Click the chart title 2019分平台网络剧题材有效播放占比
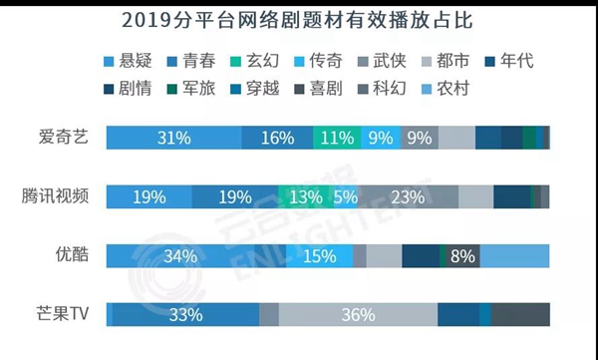coord(297,20)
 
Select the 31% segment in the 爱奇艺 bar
coord(173,138)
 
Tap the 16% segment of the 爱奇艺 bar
coord(277,138)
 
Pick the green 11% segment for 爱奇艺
coord(337,138)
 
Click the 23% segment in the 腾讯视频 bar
coord(408,197)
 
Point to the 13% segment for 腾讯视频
coord(306,197)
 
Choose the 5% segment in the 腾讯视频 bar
coord(346,197)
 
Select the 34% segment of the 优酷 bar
coord(196,255)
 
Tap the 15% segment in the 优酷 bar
coord(320,255)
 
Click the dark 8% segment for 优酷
coord(463,255)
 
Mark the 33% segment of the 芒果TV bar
coord(185,314)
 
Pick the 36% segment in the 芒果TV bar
coord(358,314)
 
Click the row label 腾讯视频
coord(55,196)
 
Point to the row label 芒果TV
coord(63,313)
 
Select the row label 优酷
coord(72,254)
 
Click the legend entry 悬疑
coord(128,61)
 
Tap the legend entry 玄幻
coord(255,61)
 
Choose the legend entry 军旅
coord(191,89)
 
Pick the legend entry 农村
coord(446,89)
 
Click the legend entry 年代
coord(508,61)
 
